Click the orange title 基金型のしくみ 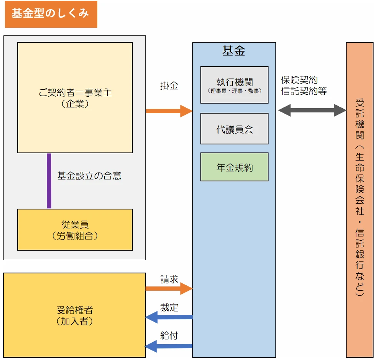(x=50, y=14)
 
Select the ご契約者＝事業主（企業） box (x=75, y=97)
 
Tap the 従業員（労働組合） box (x=75, y=229)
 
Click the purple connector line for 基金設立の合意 (x=49, y=181)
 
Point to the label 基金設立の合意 (x=89, y=176)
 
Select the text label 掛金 (x=169, y=86)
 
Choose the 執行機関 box (x=234, y=84)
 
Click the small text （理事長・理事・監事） (x=234, y=91)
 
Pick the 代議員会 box (x=234, y=129)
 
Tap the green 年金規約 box (x=234, y=167)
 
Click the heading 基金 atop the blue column (x=234, y=51)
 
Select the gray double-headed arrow (x=312, y=111)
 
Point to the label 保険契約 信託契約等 (x=304, y=85)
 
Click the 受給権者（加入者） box (x=75, y=315)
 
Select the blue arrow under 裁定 (x=169, y=317)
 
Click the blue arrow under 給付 (x=169, y=346)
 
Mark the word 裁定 (x=169, y=307)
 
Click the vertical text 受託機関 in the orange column (x=360, y=119)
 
